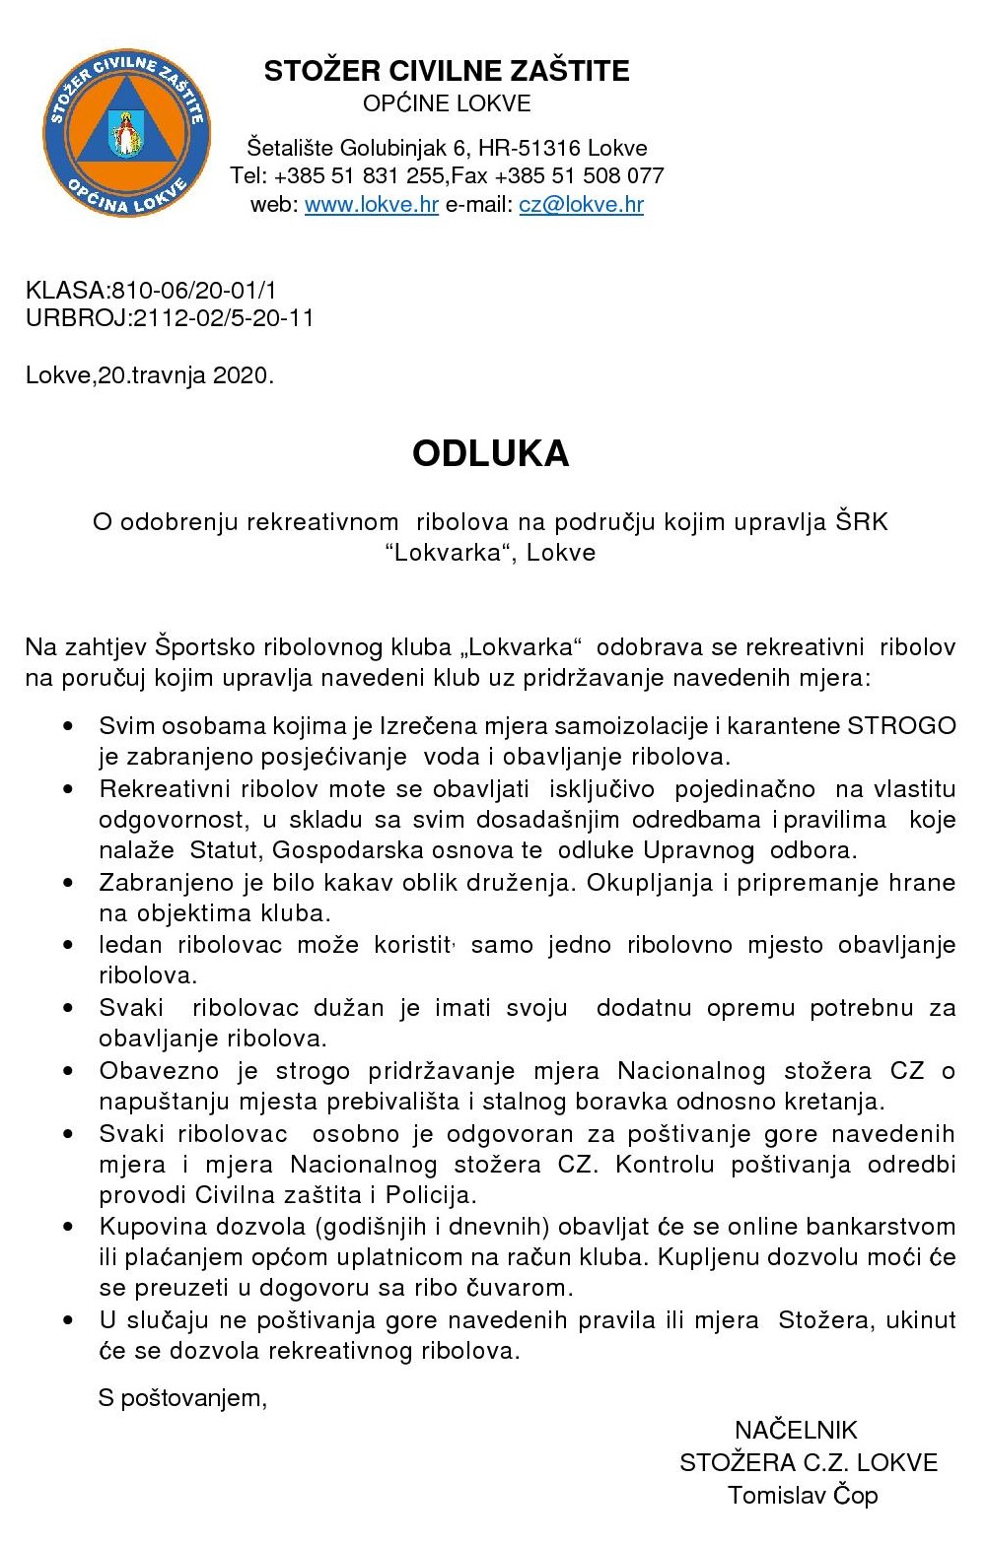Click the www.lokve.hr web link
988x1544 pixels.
point(372,205)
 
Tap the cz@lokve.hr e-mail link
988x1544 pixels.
point(581,205)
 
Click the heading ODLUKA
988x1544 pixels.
point(491,453)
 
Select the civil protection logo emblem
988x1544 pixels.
point(127,134)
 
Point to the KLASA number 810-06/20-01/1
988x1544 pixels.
point(194,291)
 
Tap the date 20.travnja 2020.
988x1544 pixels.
point(185,375)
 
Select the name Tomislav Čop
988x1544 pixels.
point(803,1495)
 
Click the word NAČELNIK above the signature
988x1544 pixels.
point(796,1430)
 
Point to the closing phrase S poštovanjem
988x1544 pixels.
point(182,1397)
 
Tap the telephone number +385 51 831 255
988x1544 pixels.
point(359,176)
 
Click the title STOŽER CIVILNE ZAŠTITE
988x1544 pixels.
point(447,71)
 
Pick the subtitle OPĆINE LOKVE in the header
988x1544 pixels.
point(447,103)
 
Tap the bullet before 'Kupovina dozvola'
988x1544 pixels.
point(68,1227)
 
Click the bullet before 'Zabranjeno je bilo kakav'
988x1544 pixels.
point(68,883)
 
